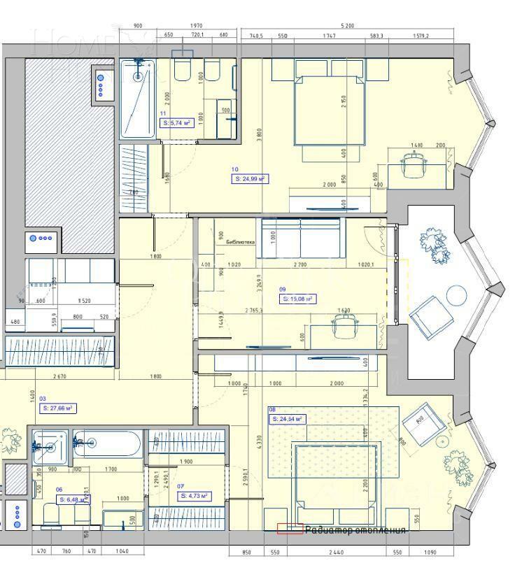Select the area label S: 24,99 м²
click(250, 179)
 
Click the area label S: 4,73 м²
click(195, 495)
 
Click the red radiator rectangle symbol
click(290, 529)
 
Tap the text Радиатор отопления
click(355, 529)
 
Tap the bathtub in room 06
click(116, 444)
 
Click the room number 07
click(180, 485)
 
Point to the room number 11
click(163, 113)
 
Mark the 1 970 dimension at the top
click(196, 26)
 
